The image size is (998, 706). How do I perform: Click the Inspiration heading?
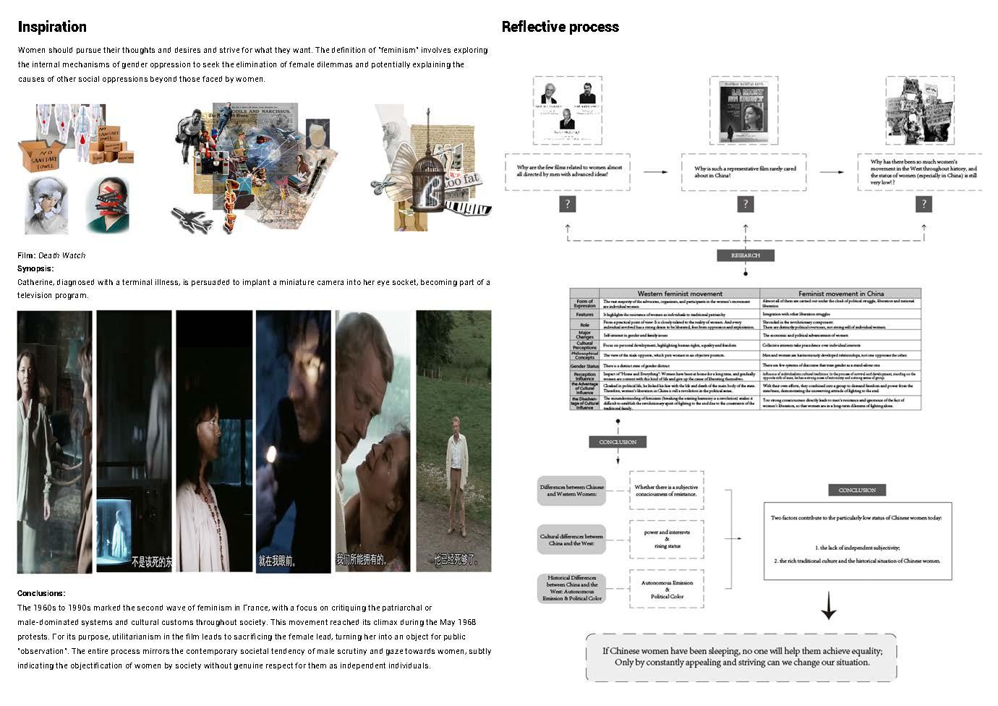(x=52, y=27)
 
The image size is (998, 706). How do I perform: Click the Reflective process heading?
(x=560, y=27)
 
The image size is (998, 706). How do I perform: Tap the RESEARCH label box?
(x=745, y=255)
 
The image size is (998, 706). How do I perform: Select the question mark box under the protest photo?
(x=924, y=204)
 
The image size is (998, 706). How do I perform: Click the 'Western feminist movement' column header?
(x=679, y=294)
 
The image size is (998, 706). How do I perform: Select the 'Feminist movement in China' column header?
(x=840, y=294)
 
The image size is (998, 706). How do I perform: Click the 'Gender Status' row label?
(x=584, y=366)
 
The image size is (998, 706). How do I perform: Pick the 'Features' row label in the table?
(x=584, y=315)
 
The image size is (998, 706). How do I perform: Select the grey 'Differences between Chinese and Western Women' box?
(x=571, y=490)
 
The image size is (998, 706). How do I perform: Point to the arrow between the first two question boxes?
(x=655, y=172)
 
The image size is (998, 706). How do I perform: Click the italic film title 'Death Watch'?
(x=62, y=255)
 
